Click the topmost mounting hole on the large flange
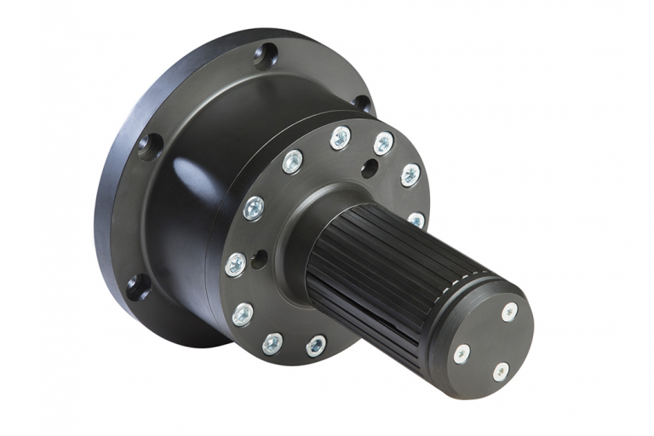[266, 55]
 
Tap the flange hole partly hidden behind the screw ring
[362, 103]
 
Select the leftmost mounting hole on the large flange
[150, 146]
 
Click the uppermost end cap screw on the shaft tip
[509, 312]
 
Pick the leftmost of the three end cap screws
[461, 353]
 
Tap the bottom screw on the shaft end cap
[502, 372]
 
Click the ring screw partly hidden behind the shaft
[416, 220]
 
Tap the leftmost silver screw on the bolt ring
[236, 265]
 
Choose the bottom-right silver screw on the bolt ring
[316, 345]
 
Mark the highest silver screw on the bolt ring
[341, 137]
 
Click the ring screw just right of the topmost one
[383, 143]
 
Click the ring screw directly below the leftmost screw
[242, 314]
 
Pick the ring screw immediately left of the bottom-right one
[272, 343]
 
